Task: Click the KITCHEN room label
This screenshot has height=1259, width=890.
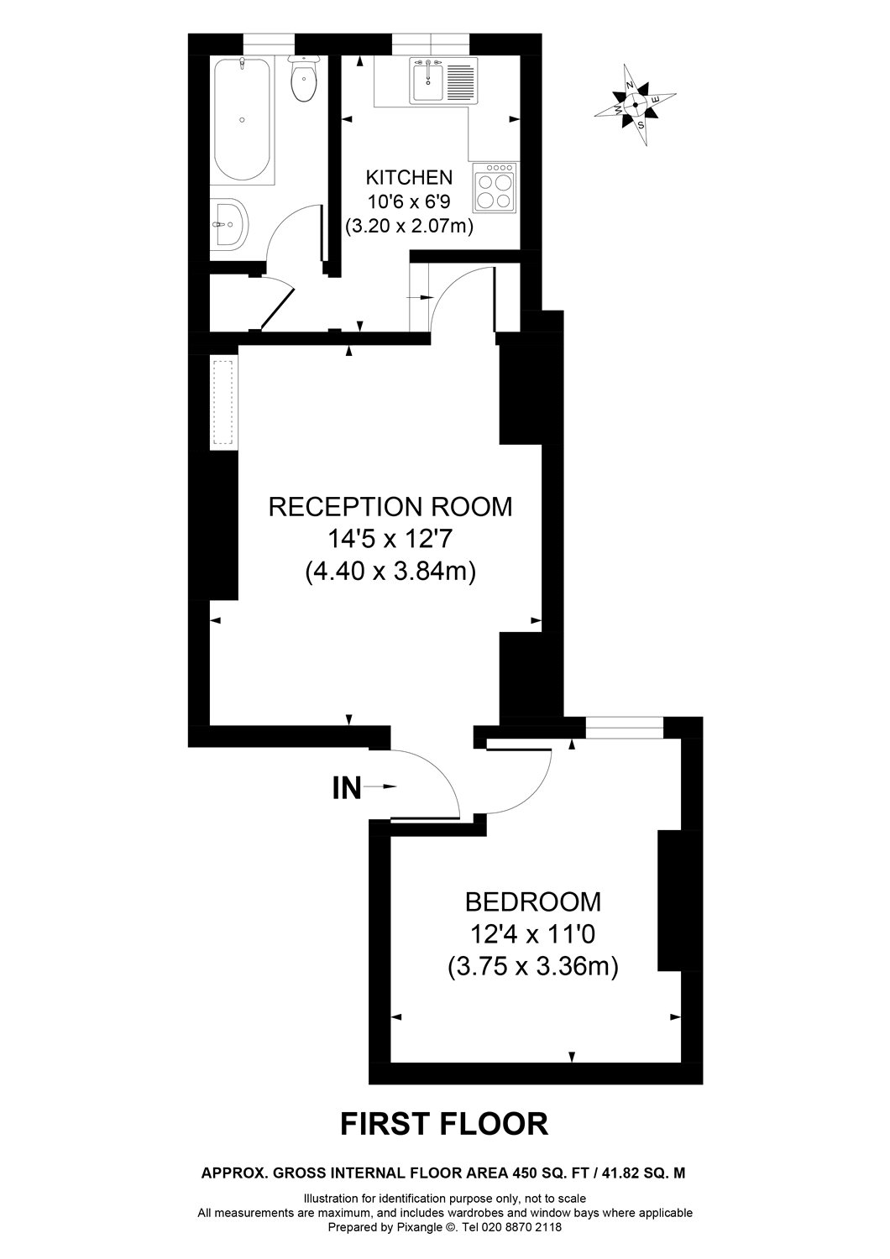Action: click(x=409, y=177)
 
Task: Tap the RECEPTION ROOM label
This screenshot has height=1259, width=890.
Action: click(x=390, y=507)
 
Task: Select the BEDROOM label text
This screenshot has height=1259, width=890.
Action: click(x=532, y=901)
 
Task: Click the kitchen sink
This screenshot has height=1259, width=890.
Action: click(x=428, y=81)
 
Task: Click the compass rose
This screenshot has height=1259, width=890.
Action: click(x=635, y=105)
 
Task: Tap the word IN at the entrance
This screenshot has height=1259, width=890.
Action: click(x=347, y=788)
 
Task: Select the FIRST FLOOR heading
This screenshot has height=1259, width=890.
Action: click(x=444, y=1123)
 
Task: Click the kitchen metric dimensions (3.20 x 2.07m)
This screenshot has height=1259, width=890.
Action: click(x=409, y=225)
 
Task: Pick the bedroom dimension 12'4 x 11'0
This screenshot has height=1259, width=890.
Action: click(x=533, y=933)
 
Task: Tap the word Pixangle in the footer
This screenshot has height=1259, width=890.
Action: click(x=412, y=1226)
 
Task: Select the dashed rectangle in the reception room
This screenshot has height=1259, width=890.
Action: click(x=223, y=404)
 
